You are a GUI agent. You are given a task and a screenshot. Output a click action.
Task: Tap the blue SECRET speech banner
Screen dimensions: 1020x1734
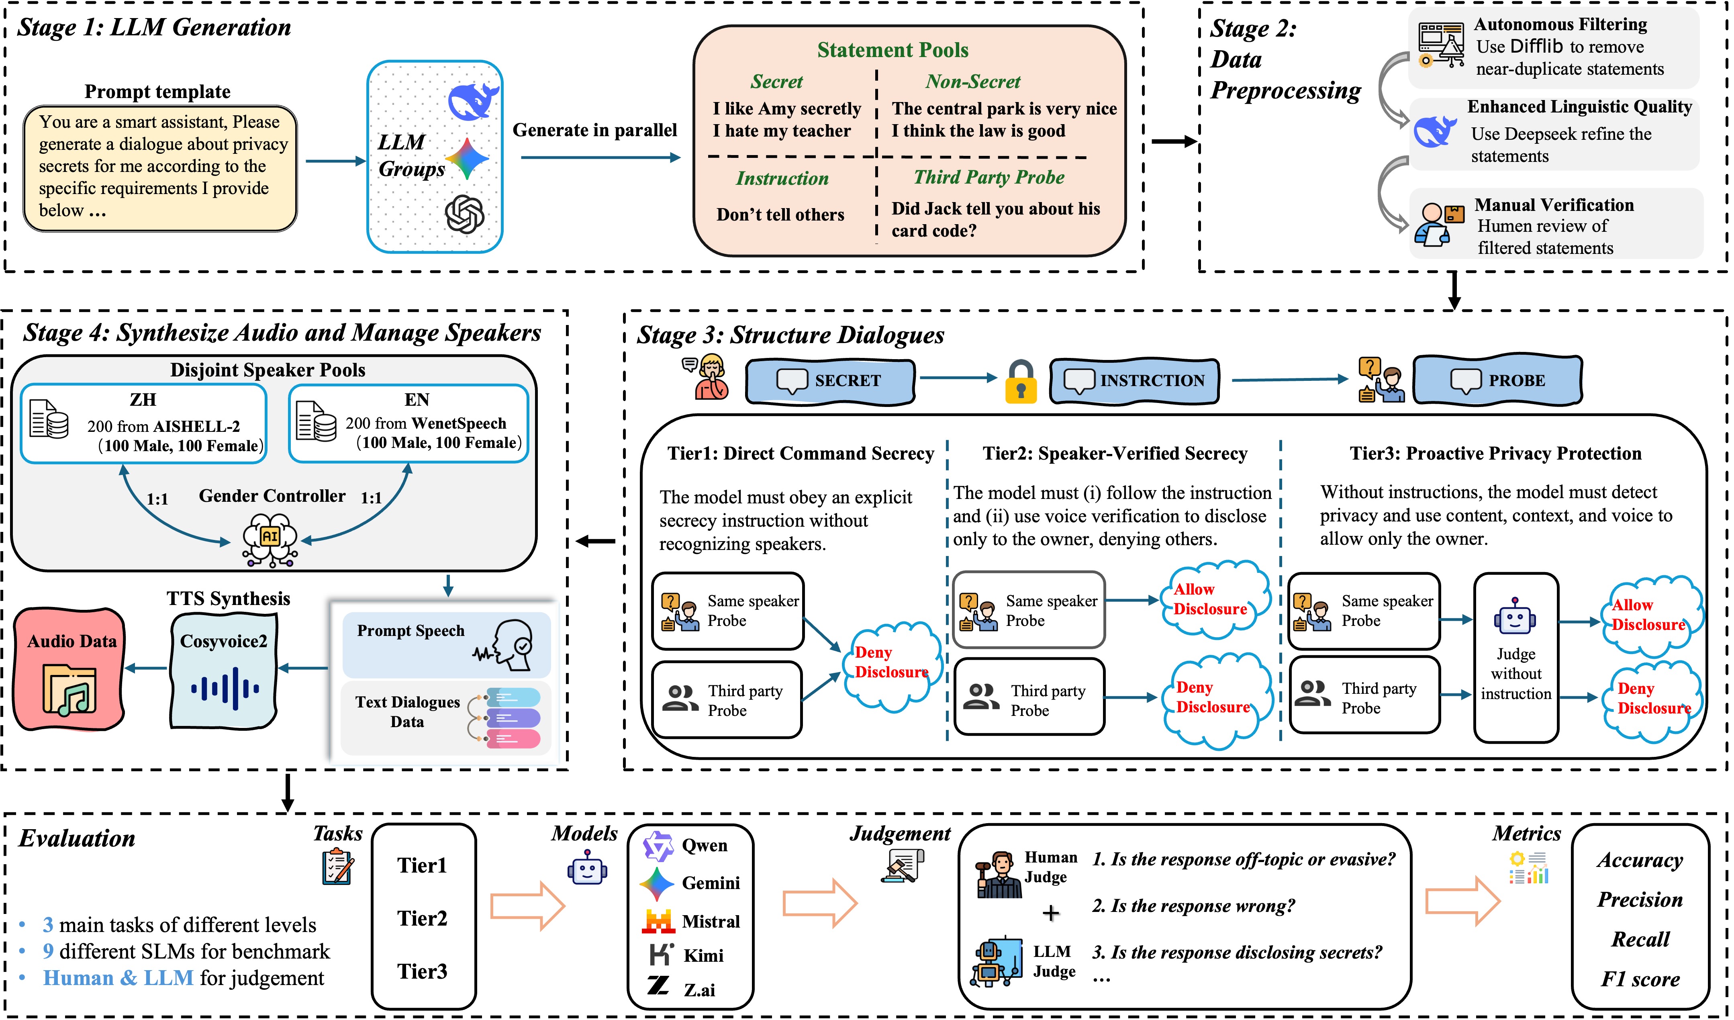pyautogui.click(x=831, y=380)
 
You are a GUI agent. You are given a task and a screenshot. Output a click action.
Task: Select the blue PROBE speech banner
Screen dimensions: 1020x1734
pyautogui.click(x=1497, y=380)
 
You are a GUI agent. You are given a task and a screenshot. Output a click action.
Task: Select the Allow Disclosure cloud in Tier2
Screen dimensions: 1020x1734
pyautogui.click(x=1212, y=599)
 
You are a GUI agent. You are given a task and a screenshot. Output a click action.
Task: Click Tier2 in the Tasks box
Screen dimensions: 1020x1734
pyautogui.click(x=422, y=918)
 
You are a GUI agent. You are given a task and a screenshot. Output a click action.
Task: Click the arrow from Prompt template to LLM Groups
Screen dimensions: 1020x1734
pyautogui.click(x=335, y=161)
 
